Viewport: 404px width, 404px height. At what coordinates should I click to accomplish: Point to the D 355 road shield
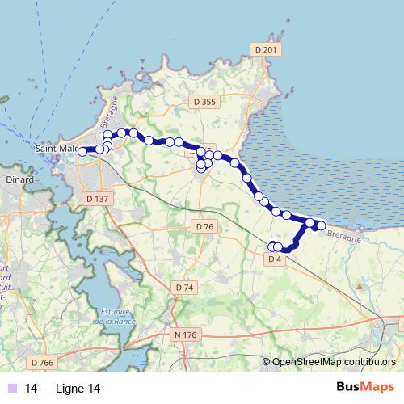pyautogui.click(x=204, y=102)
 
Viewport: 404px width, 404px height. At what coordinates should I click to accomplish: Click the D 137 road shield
pyautogui.click(x=97, y=198)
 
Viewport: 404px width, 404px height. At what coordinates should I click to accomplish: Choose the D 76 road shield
pyautogui.click(x=204, y=228)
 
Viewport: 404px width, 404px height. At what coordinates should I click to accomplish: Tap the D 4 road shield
pyautogui.click(x=274, y=259)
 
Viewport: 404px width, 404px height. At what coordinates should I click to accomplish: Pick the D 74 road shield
pyautogui.click(x=184, y=287)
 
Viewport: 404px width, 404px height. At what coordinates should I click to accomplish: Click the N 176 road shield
pyautogui.click(x=186, y=333)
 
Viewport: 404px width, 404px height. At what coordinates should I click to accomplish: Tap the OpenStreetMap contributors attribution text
pyautogui.click(x=334, y=361)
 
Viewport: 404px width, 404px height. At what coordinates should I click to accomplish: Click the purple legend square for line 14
pyautogui.click(x=11, y=388)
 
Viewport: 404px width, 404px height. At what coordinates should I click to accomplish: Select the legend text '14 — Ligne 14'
pyautogui.click(x=64, y=388)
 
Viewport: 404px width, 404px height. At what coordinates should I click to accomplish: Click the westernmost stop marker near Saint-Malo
pyautogui.click(x=82, y=151)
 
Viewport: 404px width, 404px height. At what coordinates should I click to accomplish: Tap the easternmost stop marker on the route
pyautogui.click(x=321, y=225)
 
